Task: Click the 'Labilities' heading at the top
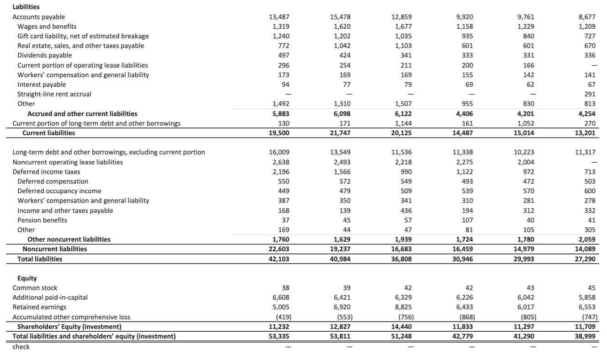[x=26, y=7]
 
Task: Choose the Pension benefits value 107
[x=468, y=220]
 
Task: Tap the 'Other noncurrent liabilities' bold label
[x=69, y=239]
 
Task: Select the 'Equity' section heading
[x=27, y=278]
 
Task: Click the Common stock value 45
[x=596, y=288]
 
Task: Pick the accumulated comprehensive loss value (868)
[x=466, y=317]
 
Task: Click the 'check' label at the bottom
[x=21, y=347]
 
